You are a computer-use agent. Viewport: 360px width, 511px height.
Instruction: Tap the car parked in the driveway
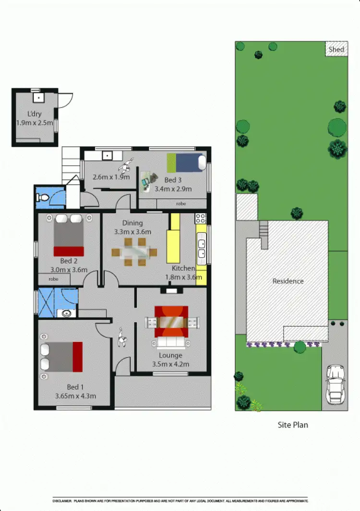click(x=335, y=384)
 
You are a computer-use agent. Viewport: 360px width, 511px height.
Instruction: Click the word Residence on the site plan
click(x=288, y=281)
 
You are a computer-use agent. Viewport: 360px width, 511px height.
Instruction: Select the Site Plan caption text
click(x=293, y=425)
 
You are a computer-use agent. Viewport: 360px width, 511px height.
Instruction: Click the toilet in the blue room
click(x=43, y=197)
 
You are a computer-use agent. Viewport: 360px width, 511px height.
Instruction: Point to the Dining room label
click(x=132, y=223)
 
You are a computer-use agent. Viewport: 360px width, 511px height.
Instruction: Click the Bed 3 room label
click(x=173, y=180)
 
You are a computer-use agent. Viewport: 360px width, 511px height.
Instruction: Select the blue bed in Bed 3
click(x=187, y=162)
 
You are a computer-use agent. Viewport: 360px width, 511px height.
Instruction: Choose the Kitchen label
click(x=183, y=268)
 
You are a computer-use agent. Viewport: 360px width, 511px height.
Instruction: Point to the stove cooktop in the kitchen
click(x=200, y=218)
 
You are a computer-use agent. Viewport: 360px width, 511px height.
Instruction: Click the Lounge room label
click(x=171, y=356)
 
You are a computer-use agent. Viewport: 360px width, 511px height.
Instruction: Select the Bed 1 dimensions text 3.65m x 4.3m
click(x=75, y=396)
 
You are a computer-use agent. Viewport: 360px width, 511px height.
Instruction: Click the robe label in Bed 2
click(x=53, y=278)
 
